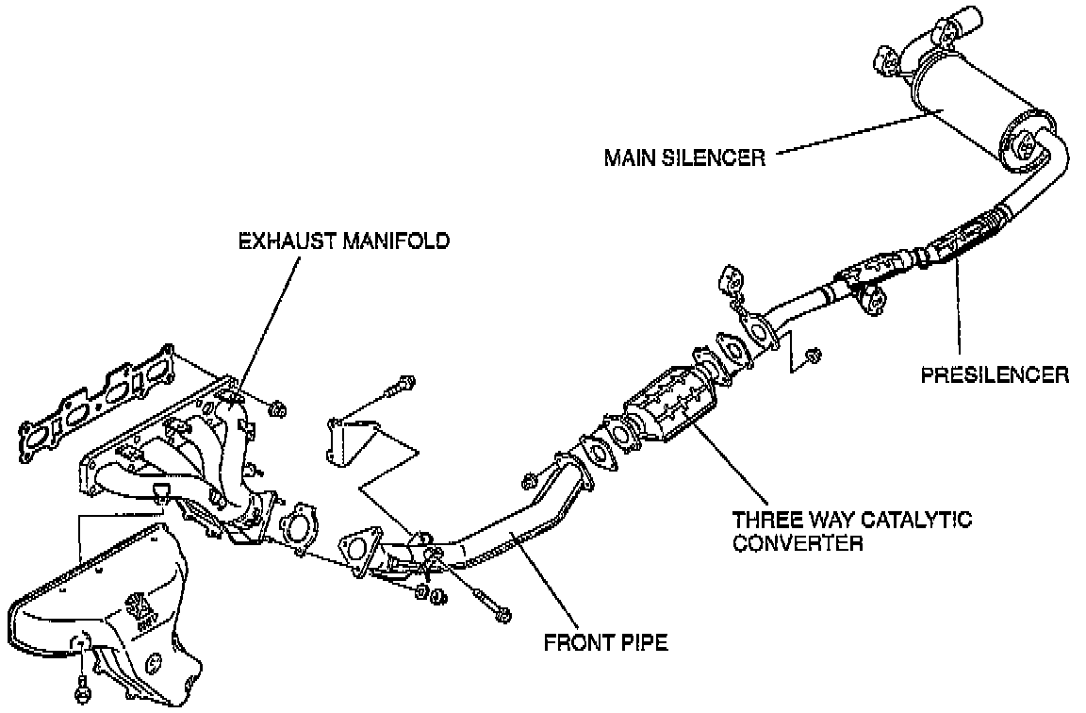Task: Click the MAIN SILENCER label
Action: (683, 157)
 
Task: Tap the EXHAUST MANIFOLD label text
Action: (343, 241)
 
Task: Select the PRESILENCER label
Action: (995, 374)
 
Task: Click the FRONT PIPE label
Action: (605, 644)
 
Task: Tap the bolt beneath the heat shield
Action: (82, 689)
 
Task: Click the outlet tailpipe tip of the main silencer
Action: (958, 20)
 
